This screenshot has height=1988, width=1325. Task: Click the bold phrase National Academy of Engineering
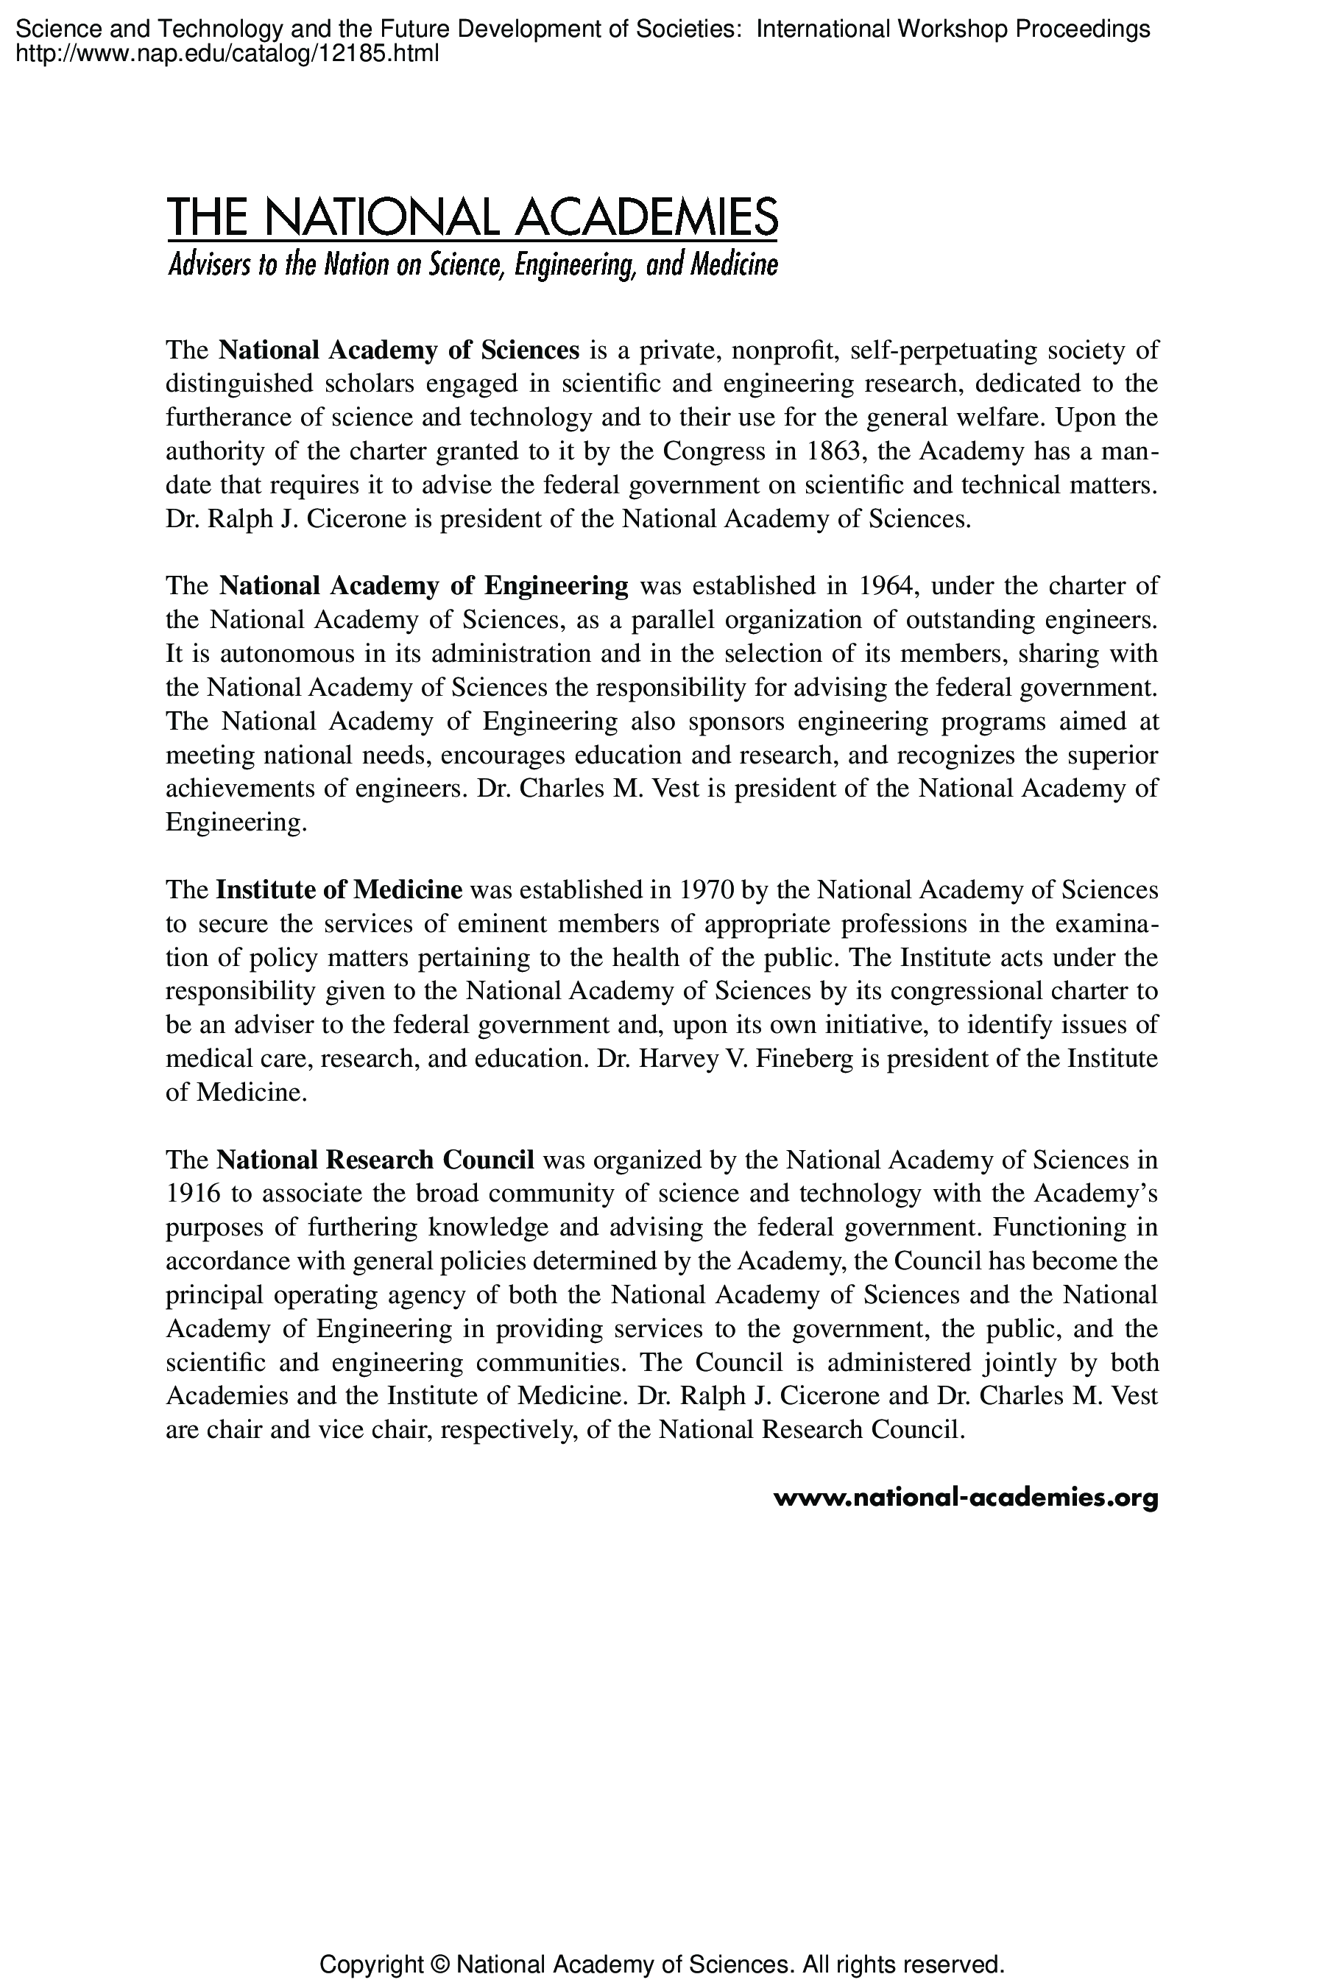[x=423, y=586]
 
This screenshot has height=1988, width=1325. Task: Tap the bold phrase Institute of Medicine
[x=339, y=890]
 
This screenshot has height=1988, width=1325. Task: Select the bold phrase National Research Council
[x=375, y=1160]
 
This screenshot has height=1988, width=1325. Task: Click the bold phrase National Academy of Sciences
[x=399, y=350]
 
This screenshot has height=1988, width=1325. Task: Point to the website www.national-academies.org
[x=965, y=1498]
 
